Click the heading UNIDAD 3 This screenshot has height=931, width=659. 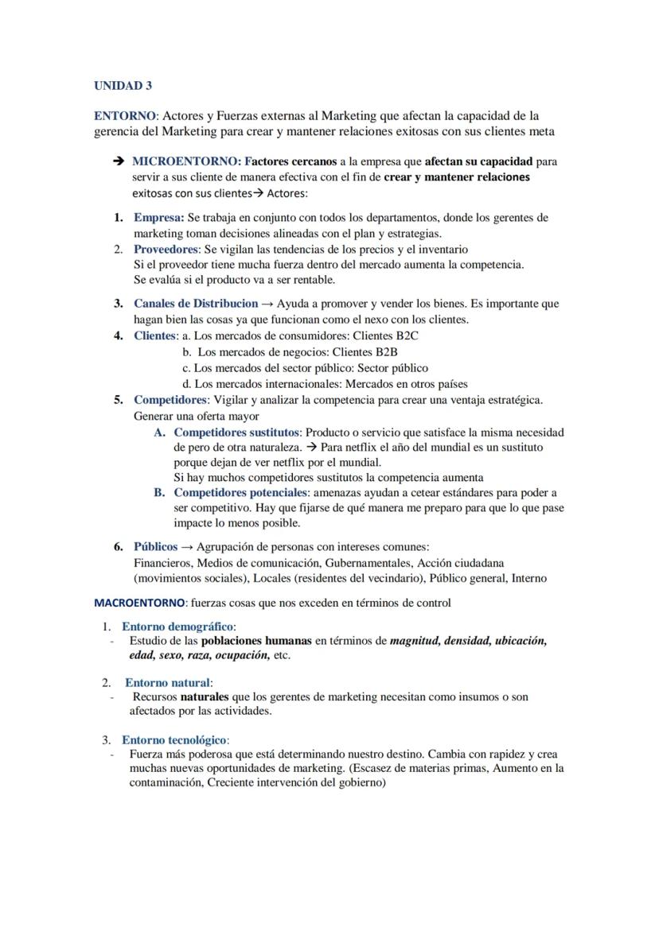(123, 86)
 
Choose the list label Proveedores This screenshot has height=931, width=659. (166, 250)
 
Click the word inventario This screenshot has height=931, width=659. (443, 250)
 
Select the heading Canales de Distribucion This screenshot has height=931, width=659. (196, 304)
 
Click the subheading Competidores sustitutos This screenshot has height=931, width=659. (236, 433)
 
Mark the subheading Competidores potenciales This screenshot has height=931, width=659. (240, 493)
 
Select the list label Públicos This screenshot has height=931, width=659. (156, 547)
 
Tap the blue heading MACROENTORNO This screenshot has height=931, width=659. (139, 603)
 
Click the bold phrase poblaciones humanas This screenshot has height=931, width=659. (256, 641)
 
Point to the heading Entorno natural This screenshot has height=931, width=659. (167, 683)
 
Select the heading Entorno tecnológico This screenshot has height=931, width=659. (174, 740)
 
